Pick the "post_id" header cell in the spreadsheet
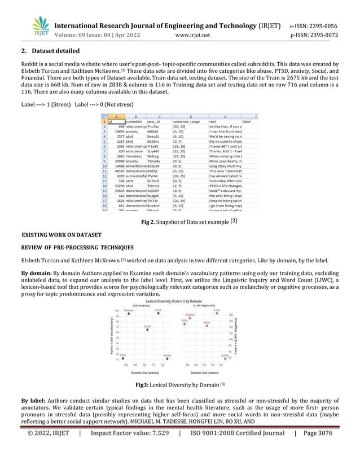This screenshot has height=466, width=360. click(155, 121)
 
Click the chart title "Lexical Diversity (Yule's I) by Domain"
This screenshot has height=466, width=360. click(179, 302)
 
